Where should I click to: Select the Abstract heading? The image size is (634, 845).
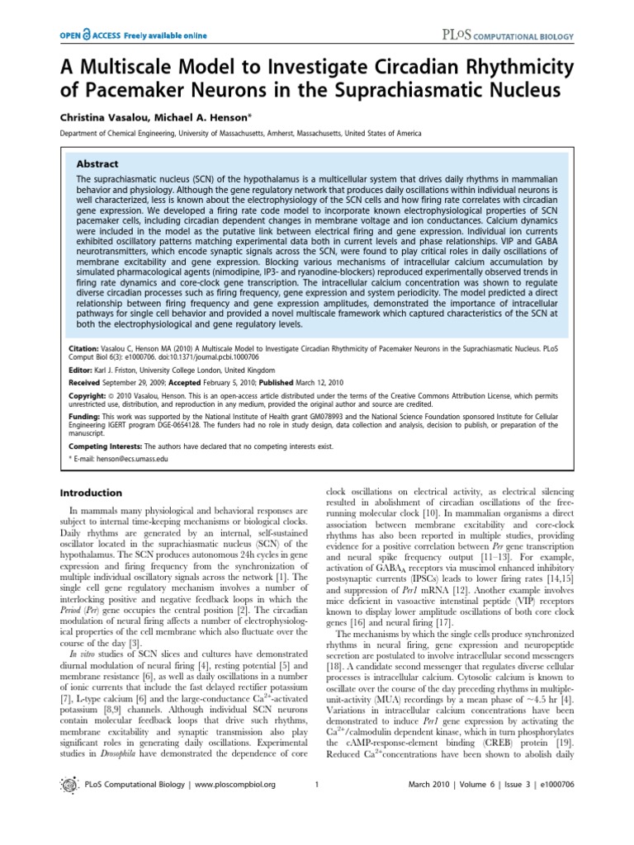pos(97,164)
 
